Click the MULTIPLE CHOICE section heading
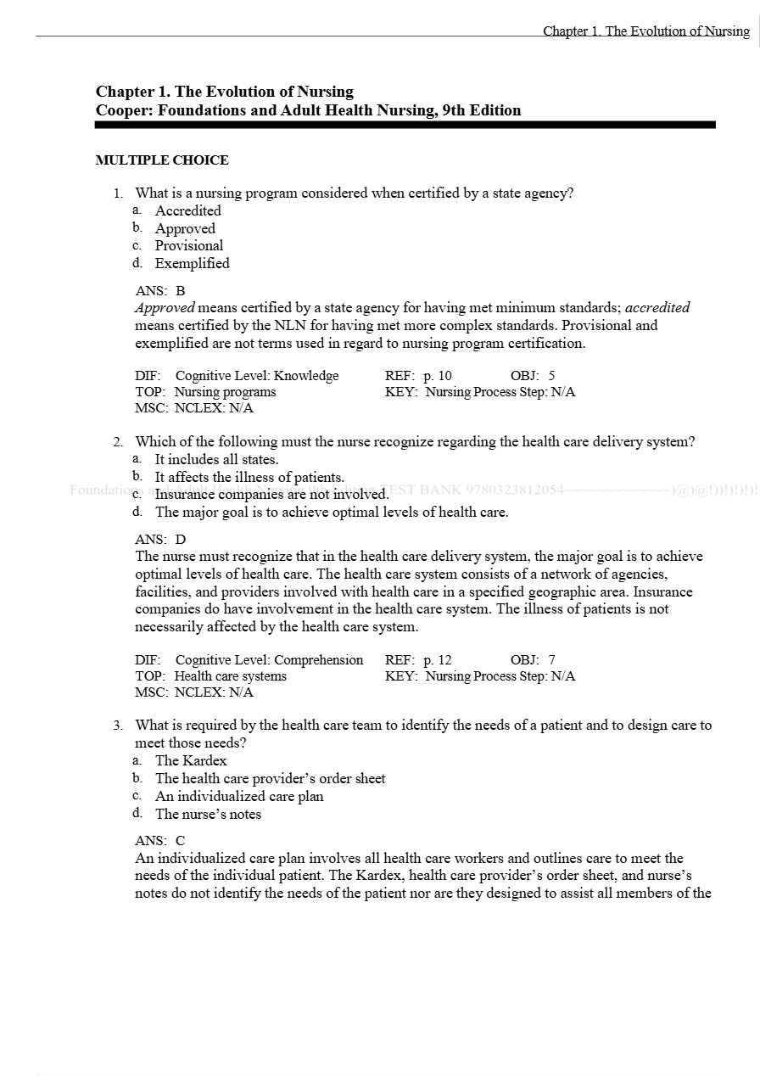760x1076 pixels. click(x=162, y=160)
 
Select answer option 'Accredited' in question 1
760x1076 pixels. click(x=187, y=210)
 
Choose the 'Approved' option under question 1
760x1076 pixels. click(x=185, y=228)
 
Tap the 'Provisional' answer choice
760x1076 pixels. click(x=189, y=245)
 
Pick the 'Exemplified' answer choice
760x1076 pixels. click(x=192, y=263)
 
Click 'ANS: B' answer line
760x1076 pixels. click(x=160, y=290)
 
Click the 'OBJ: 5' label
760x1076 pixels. click(x=533, y=376)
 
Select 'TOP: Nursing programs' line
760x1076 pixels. click(x=205, y=392)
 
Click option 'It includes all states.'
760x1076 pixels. click(x=216, y=459)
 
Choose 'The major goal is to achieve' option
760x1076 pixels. click(x=331, y=512)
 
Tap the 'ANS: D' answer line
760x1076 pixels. click(x=160, y=539)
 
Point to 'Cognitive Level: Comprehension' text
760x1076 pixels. click(x=269, y=660)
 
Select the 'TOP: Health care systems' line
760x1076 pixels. click(x=210, y=676)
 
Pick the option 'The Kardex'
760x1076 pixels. click(x=191, y=760)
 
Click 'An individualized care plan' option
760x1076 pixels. click(x=239, y=796)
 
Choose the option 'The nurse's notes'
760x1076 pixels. click(x=208, y=814)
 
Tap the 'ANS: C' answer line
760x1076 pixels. click(x=160, y=841)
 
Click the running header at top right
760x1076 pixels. click(x=646, y=31)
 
